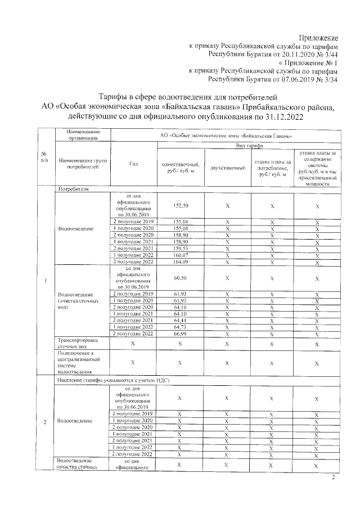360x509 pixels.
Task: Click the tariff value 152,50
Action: click(181, 206)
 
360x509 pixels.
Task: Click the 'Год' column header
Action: click(134, 164)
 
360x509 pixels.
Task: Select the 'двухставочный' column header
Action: click(228, 168)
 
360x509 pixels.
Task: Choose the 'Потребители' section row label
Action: click(70, 190)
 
